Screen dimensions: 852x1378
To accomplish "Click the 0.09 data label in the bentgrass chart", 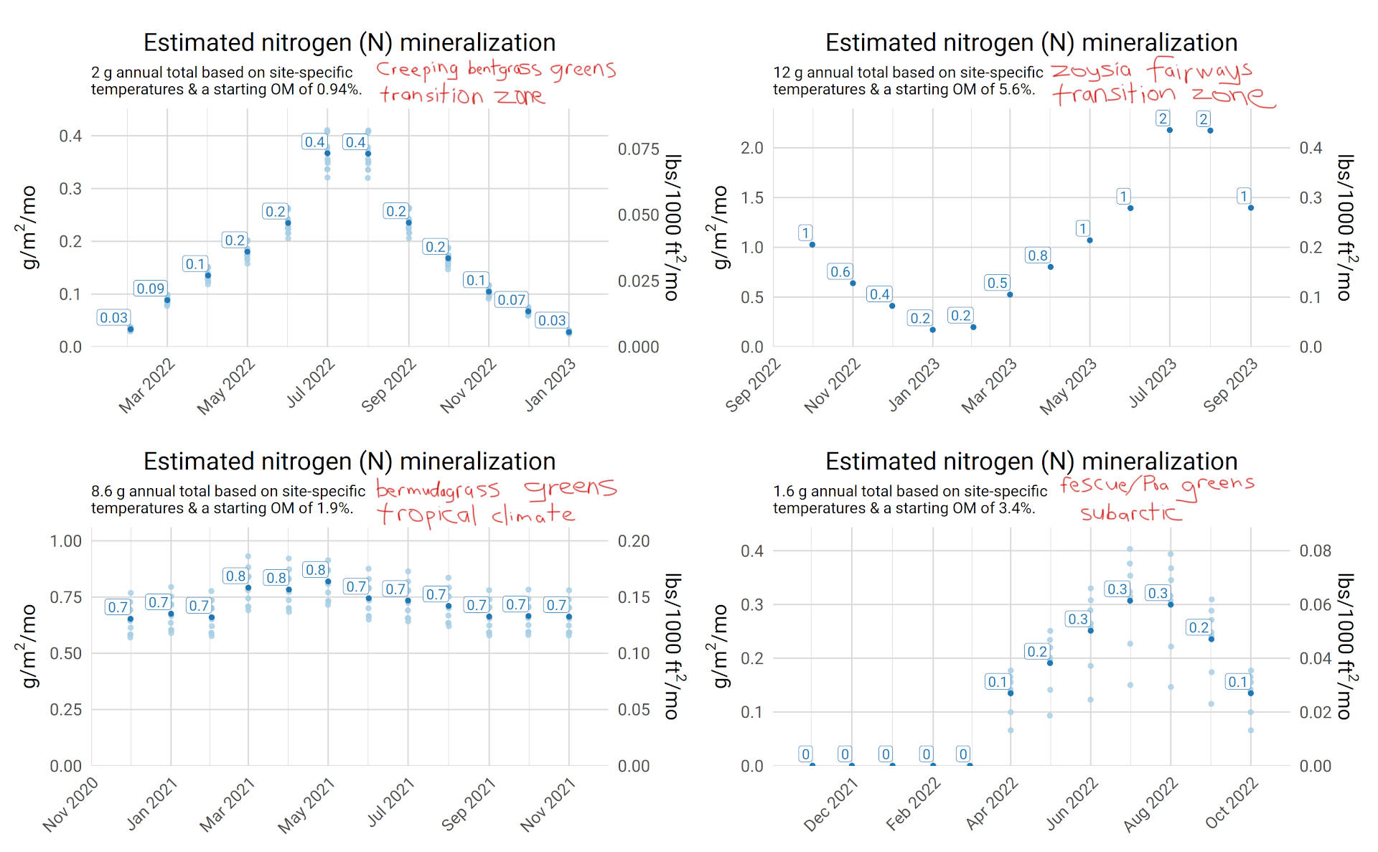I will click(150, 289).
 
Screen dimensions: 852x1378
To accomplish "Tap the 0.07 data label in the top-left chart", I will click(511, 300).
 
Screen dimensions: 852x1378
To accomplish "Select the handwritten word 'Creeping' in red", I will click(417, 70).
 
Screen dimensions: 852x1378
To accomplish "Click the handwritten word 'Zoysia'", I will click(1091, 70).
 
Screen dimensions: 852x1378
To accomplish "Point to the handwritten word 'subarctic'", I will click(1130, 512).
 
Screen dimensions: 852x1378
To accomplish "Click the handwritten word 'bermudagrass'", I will click(438, 490).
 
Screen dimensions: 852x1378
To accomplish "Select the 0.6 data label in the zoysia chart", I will click(840, 272).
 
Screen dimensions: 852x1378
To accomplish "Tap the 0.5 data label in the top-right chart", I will click(997, 283).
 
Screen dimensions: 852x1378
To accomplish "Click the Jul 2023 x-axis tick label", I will click(1153, 383).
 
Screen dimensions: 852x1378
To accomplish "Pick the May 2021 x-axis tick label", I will click(306, 806).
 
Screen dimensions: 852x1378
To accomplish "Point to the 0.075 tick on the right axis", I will click(638, 149).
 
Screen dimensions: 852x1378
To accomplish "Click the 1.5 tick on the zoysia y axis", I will click(751, 197).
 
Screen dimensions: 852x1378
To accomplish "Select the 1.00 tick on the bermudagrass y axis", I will click(65, 541).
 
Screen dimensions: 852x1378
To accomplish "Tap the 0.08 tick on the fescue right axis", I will click(1315, 551).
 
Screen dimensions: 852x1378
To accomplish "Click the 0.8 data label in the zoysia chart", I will click(1037, 256).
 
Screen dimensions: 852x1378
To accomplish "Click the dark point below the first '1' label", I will click(812, 245).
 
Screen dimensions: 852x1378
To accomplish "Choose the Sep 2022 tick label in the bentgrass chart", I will click(388, 385).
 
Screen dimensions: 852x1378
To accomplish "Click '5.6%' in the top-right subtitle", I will click(1017, 90).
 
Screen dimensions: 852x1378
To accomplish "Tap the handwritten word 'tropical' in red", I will click(426, 515).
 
